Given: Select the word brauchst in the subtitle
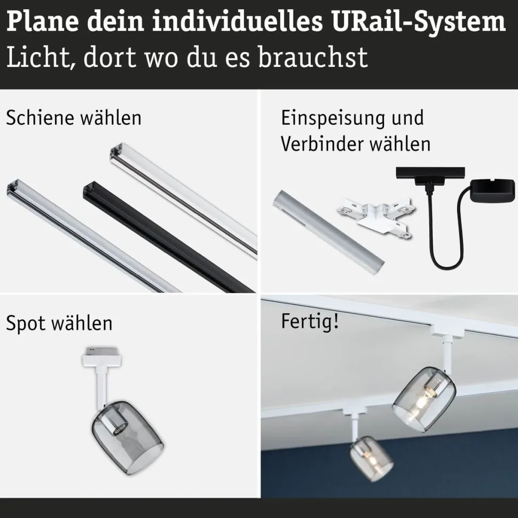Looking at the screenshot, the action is coord(313,57).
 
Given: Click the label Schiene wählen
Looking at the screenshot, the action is coord(74,117).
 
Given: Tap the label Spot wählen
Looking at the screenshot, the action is coord(59,324).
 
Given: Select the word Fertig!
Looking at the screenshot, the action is coord(310,321).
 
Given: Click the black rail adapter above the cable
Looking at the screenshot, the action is coord(430,178).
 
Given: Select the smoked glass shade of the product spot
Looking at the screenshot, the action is coord(128,437).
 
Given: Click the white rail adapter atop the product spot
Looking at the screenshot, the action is coord(101,357).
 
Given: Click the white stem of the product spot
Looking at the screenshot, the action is coord(100,388).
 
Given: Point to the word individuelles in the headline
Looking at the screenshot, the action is coord(237,22).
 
